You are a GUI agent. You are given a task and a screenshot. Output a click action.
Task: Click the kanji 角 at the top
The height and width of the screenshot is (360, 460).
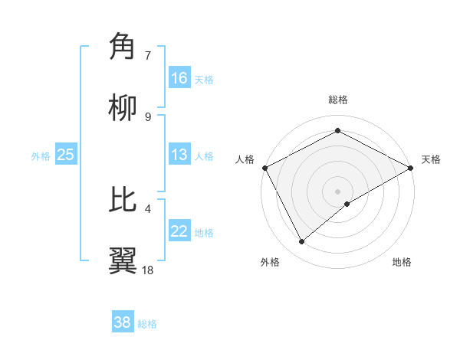coord(123,47)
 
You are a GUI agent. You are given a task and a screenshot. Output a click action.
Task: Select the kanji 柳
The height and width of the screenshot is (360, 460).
coord(123,108)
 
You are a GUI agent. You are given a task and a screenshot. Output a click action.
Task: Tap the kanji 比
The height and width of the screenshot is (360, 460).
coord(123,199)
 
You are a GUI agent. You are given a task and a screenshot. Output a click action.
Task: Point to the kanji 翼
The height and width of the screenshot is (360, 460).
coord(123,260)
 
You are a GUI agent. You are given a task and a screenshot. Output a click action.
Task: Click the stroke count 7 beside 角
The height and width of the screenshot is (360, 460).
coord(148,55)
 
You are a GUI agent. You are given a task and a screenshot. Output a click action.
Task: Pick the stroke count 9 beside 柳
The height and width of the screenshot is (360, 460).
coord(148,116)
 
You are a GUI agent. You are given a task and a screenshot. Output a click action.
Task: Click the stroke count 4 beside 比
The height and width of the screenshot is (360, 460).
coord(148,208)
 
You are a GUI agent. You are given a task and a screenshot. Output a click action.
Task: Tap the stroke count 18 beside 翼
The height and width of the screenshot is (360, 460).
coord(148,270)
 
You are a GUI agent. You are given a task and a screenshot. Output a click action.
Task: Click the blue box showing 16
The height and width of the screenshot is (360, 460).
coord(179,78)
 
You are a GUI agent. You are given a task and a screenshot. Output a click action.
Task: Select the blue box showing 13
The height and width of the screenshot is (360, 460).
coord(179,155)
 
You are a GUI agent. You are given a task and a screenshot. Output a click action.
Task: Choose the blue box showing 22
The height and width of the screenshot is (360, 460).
coord(179,231)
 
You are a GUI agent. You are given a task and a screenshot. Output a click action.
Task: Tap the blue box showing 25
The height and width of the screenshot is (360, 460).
coord(66,155)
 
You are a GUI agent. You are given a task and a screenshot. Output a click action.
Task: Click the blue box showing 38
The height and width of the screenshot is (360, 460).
coord(123,322)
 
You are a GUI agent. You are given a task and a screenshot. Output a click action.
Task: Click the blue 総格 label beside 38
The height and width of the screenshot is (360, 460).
coord(147,324)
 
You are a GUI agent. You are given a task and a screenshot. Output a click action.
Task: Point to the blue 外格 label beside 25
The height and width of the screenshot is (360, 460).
coord(41,155)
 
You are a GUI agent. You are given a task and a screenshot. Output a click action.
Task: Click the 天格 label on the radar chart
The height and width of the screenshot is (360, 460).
coord(431,159)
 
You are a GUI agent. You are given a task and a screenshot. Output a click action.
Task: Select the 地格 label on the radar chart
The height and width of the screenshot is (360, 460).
coord(402,262)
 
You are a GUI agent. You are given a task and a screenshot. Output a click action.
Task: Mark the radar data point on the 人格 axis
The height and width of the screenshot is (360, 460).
coord(264,167)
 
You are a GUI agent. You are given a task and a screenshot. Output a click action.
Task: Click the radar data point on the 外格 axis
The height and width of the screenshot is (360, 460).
coord(302,242)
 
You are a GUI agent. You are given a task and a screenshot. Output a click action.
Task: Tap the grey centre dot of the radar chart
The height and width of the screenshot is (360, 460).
coord(337,191)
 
